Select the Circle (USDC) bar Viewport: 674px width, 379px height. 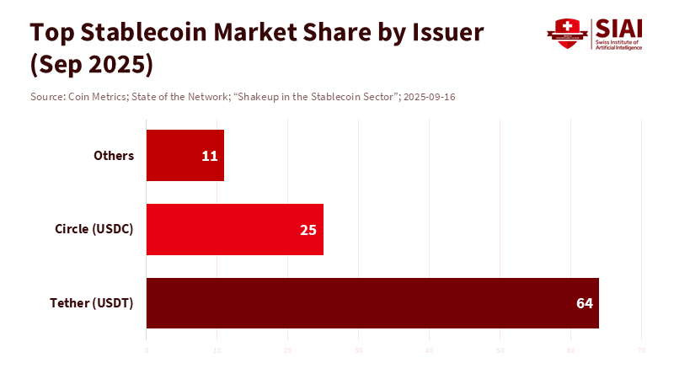[234, 229]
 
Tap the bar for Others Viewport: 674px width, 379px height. [185, 156]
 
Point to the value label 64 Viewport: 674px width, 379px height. [585, 303]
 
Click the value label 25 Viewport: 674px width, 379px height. [308, 229]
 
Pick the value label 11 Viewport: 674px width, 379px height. [210, 156]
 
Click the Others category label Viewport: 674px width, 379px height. [114, 156]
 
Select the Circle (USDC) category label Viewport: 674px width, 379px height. [94, 229]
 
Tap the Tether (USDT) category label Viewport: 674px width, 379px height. [92, 303]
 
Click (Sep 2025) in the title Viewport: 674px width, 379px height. [92, 64]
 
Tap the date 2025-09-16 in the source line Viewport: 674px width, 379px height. [430, 97]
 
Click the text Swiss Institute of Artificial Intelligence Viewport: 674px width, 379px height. [618, 45]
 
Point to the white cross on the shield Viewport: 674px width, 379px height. [567, 26]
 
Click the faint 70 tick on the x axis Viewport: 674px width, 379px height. [642, 350]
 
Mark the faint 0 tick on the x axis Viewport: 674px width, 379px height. [147, 350]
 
